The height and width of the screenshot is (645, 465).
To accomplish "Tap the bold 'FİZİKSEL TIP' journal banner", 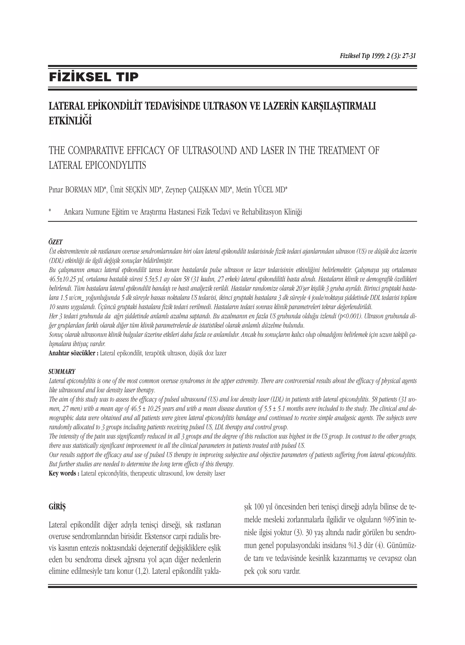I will (x=94, y=77).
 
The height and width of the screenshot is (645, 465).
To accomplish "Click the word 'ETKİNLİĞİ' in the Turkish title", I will (x=70, y=121).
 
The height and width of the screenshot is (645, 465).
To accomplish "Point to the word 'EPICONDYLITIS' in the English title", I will (x=115, y=165).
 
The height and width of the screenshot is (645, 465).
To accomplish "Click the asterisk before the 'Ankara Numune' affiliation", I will (x=50, y=211).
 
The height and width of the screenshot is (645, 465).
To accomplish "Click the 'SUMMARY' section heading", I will (x=62, y=372).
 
